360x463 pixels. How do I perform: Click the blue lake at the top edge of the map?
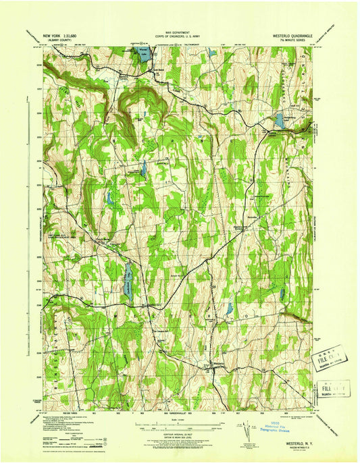(144, 55)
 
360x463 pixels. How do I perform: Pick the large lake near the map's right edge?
(279, 121)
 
